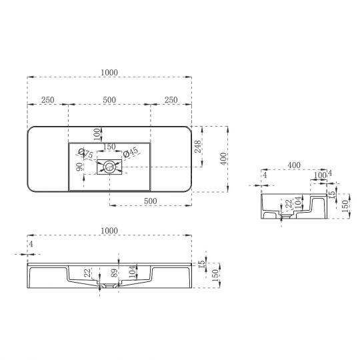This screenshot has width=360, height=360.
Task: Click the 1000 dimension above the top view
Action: (x=109, y=71)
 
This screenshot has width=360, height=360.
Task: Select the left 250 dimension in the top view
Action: (x=47, y=99)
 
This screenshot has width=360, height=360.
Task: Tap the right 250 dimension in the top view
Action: (x=171, y=99)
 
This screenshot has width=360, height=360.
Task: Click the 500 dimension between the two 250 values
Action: (x=109, y=99)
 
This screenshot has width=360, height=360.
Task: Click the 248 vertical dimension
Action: (x=198, y=147)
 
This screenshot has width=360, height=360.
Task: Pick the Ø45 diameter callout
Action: (x=131, y=153)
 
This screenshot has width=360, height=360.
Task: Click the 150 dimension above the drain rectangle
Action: (x=108, y=147)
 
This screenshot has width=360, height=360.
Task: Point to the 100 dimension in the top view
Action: (x=97, y=133)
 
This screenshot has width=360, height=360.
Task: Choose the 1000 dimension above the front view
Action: (x=109, y=231)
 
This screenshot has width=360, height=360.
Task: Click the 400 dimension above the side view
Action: (x=293, y=165)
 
